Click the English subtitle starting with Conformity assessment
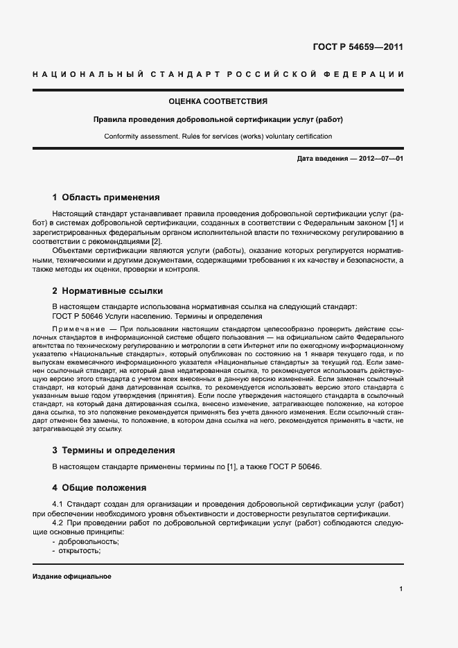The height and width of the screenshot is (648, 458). (218, 137)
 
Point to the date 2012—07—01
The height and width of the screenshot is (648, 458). (380, 159)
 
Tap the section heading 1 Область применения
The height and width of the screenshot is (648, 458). (106, 198)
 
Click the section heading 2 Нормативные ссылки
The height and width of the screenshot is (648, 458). (107, 291)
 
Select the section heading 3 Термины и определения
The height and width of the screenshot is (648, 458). (114, 450)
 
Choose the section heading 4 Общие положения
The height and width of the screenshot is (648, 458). (100, 487)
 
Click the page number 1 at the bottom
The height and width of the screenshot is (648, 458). (401, 589)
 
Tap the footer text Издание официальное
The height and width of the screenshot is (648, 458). (71, 577)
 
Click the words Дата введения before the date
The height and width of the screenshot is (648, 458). (322, 159)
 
